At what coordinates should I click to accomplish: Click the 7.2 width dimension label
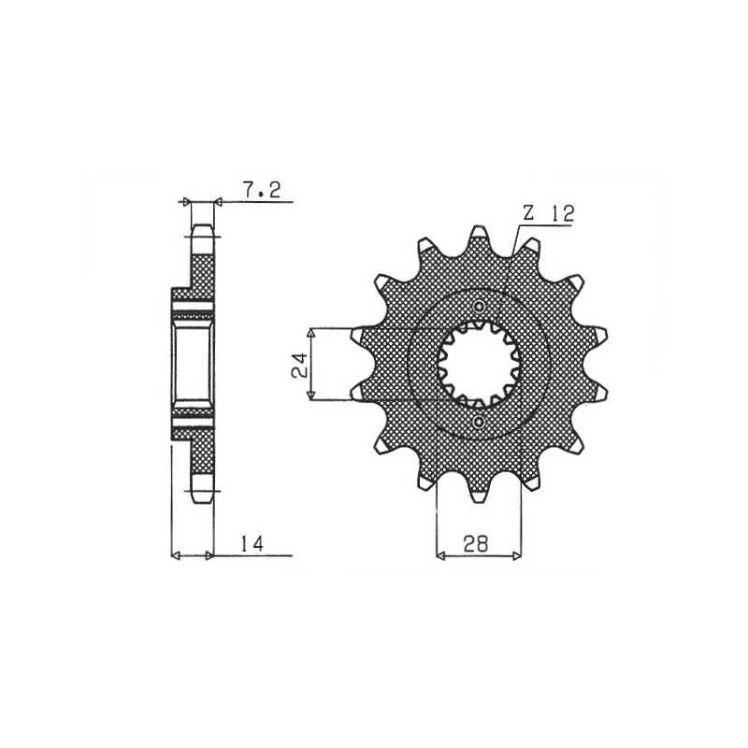click(x=262, y=191)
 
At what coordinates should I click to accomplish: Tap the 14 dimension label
click(x=252, y=544)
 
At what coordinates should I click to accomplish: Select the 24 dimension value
click(x=299, y=365)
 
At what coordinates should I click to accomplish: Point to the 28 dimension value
click(x=476, y=544)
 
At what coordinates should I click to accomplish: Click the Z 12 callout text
click(x=549, y=213)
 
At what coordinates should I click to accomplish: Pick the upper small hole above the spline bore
click(x=480, y=306)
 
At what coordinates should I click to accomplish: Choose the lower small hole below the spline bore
click(x=480, y=422)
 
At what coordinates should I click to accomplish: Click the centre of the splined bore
click(x=479, y=364)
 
